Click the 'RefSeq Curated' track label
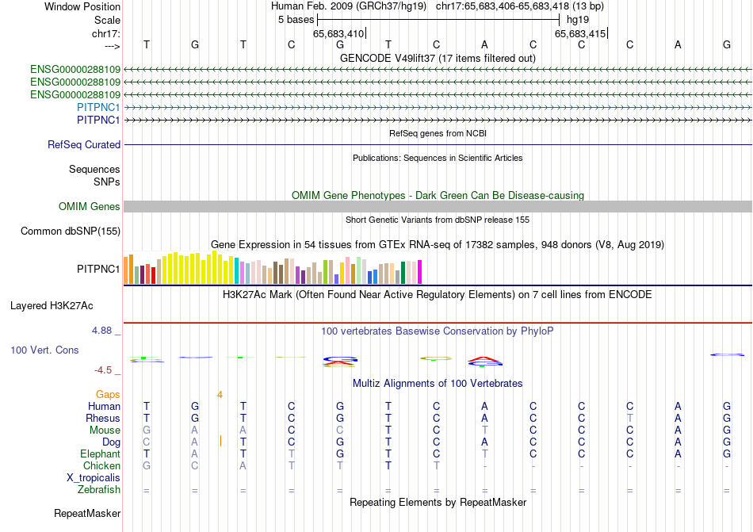coord(84,145)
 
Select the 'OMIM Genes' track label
coord(90,207)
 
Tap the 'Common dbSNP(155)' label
coord(71,232)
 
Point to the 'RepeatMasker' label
coord(87,514)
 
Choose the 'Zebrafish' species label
coord(99,490)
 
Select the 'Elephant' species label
coord(100,454)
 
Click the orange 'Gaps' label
coord(108,394)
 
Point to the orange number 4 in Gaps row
coord(220,394)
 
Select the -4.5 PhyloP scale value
coord(103,369)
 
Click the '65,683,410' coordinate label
coord(338,33)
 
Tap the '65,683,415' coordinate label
coord(580,33)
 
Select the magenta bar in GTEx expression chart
coord(420,272)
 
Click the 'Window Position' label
coord(82,6)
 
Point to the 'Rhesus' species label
coord(103,419)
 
